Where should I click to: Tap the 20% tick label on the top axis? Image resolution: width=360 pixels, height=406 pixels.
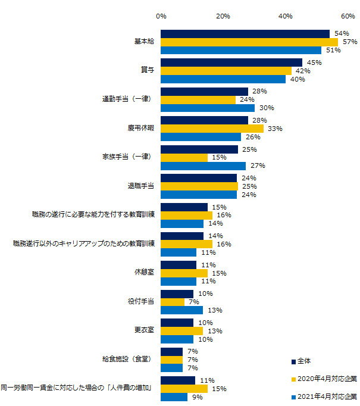coord(223,16)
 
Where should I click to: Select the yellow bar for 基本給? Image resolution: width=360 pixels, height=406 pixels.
coord(249,42)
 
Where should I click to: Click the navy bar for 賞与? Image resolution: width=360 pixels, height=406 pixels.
coord(231,63)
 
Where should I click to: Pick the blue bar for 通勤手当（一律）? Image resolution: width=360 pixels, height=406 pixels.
coord(208,108)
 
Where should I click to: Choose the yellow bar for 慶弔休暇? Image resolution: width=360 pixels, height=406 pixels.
coord(212,129)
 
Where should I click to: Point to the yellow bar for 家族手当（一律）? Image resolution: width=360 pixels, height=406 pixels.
coord(184,157)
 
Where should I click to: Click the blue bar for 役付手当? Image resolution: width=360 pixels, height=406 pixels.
coord(181,310)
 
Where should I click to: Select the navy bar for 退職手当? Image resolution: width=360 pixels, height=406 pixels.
coord(199,178)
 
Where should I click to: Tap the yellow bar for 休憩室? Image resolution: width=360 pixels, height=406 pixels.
coord(184,273)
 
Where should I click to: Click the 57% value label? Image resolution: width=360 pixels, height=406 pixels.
coord(349,42)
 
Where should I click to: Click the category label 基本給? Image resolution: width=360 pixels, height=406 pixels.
coord(144,42)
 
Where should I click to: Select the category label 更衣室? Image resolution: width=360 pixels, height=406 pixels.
coord(144,330)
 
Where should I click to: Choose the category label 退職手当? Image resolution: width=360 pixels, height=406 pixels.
coord(140,186)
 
